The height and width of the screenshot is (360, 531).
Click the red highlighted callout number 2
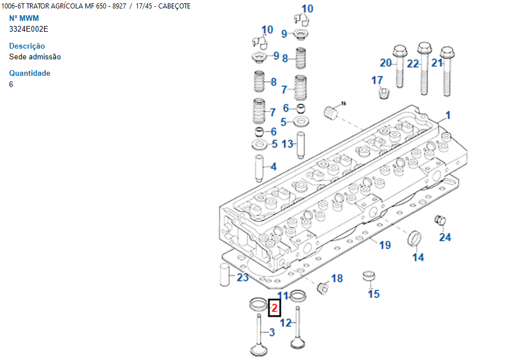274,309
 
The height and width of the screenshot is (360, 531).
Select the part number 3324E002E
29,29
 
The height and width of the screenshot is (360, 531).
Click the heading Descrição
27,46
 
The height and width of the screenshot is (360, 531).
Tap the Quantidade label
30,73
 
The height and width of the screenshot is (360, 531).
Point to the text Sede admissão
35,57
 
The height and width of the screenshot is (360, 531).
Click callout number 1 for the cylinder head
448,115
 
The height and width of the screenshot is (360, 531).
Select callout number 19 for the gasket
385,245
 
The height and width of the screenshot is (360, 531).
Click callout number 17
377,80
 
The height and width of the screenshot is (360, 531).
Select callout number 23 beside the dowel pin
243,277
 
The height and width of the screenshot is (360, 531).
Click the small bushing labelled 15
369,277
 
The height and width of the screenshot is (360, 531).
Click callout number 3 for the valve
271,332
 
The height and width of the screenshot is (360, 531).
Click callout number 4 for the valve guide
273,167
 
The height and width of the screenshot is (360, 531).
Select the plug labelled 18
324,288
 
